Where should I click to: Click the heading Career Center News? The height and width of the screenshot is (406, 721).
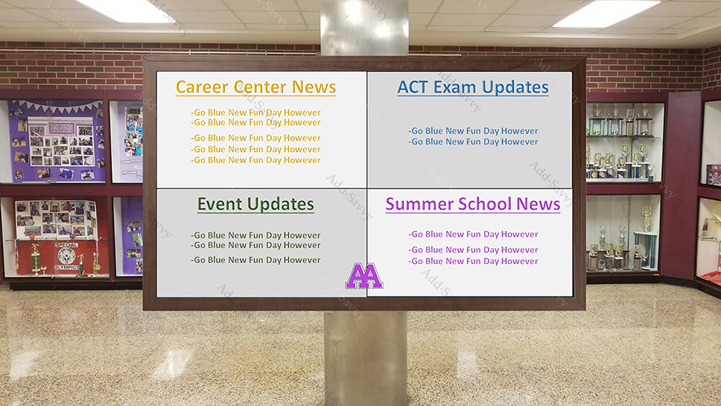click(255, 87)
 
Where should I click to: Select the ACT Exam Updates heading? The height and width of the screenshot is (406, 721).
click(473, 87)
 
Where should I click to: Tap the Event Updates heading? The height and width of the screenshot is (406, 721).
click(255, 204)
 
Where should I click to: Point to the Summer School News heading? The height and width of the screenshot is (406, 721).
click(473, 204)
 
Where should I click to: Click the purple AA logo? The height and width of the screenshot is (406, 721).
click(364, 276)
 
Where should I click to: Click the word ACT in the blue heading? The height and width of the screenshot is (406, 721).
click(413, 87)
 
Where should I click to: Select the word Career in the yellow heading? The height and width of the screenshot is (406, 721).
click(203, 87)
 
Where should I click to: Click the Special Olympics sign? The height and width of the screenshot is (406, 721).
click(67, 256)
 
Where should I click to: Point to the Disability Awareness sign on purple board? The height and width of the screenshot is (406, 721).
click(62, 128)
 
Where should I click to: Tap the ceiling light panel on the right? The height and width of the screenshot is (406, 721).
click(606, 13)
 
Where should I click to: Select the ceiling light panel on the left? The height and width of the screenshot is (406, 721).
click(124, 11)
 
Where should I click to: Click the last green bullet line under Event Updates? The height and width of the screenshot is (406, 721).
click(255, 260)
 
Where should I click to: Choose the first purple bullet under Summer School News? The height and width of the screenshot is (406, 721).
click(473, 235)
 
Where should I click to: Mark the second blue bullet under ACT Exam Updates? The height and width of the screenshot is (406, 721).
click(473, 142)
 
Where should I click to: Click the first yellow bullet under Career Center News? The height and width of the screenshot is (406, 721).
click(255, 112)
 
